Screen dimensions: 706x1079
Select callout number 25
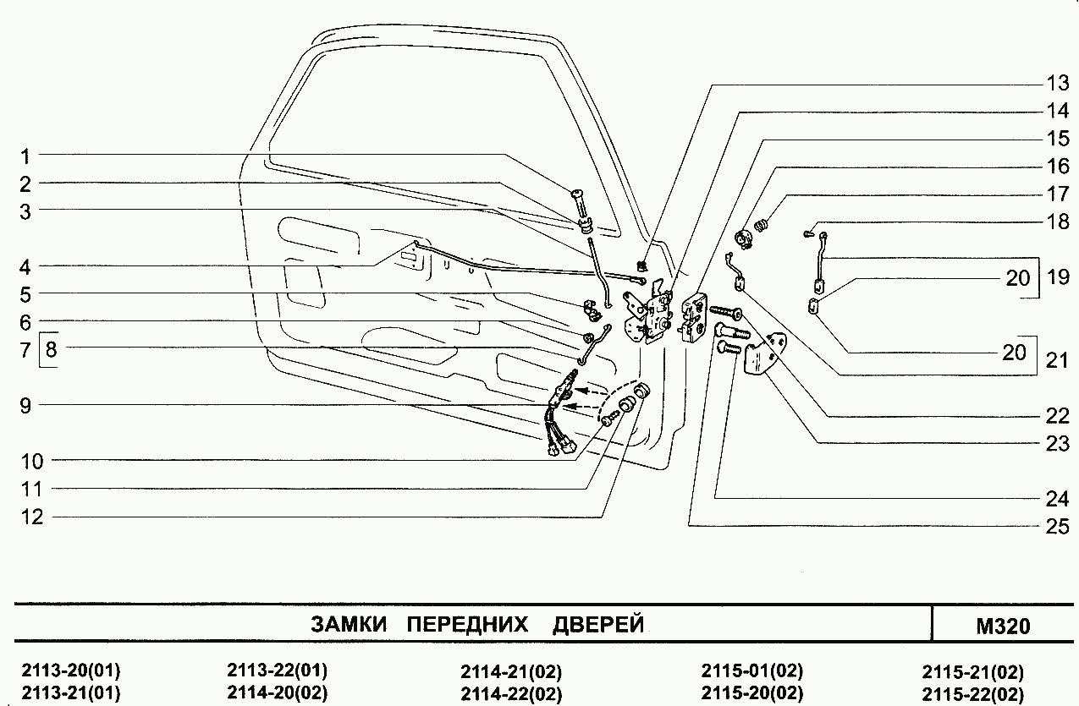[1058, 525]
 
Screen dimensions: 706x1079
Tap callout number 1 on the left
[26, 156]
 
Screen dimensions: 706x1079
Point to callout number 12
[31, 517]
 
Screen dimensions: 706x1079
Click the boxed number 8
[51, 348]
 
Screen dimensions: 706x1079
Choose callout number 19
[1058, 278]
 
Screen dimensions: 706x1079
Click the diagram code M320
[1003, 627]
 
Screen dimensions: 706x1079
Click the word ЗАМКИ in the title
[349, 625]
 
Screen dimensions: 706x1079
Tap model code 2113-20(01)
[70, 672]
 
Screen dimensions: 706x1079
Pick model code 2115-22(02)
[972, 693]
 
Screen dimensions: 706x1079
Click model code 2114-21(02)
[511, 673]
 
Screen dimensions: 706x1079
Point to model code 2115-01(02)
[751, 672]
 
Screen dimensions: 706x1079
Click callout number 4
[26, 265]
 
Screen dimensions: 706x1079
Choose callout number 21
[1058, 361]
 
